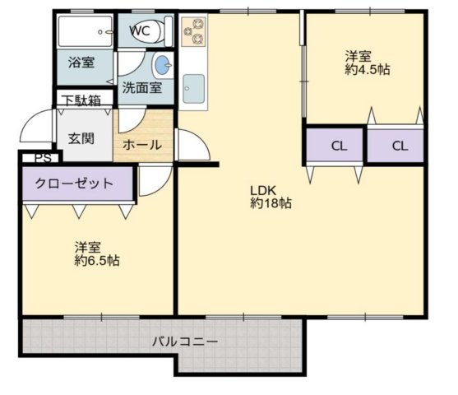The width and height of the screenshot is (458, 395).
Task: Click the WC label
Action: point(140,30)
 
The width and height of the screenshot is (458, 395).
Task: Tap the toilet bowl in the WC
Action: point(163,32)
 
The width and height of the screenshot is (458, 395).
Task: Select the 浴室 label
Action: point(81,63)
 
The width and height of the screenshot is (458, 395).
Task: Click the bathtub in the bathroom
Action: point(85,32)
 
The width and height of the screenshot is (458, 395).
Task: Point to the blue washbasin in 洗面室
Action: point(162,64)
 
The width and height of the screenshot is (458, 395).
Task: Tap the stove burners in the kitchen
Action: point(195,33)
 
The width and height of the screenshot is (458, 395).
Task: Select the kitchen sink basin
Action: point(194,85)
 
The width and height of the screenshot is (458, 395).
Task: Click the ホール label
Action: point(142,145)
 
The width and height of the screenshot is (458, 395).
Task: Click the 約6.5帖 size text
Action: point(96,261)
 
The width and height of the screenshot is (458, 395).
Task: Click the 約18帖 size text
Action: point(271,203)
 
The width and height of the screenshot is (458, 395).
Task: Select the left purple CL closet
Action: point(336,146)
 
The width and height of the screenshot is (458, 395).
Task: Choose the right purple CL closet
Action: point(398,146)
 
